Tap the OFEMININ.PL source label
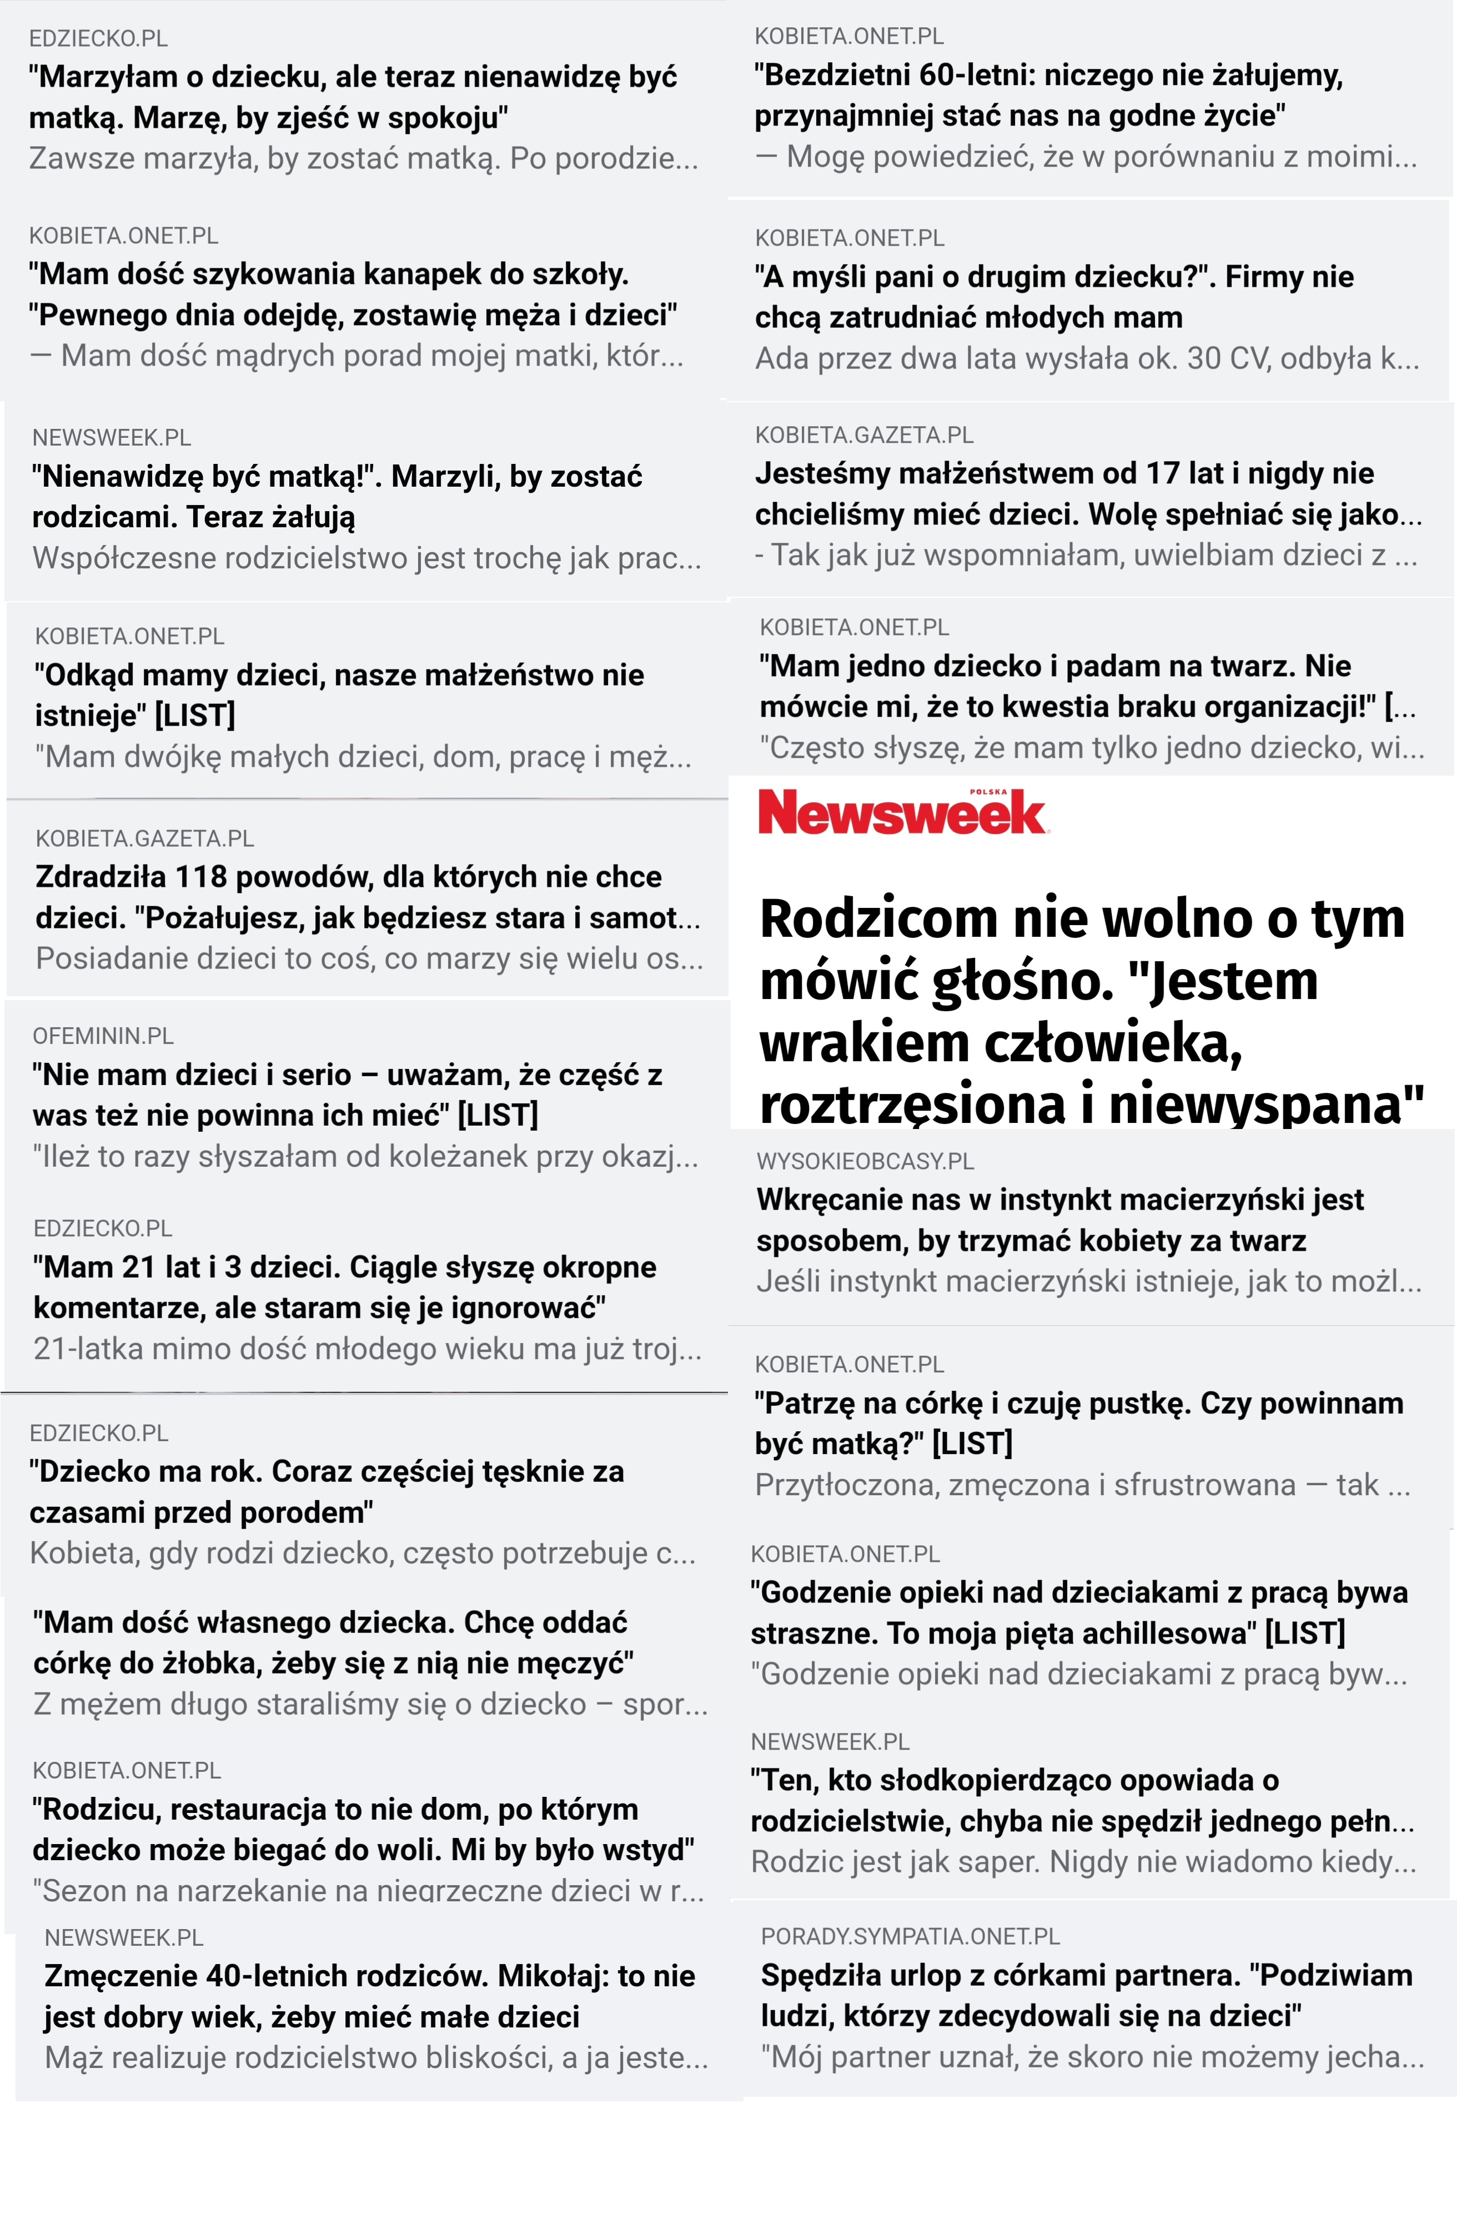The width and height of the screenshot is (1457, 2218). (103, 1036)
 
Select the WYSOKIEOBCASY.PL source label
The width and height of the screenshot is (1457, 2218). (865, 1161)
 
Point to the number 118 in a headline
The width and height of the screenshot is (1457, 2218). (201, 877)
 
